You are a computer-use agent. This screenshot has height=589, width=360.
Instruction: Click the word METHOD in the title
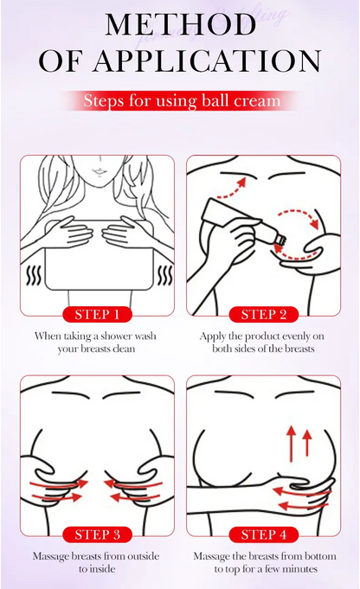pos(181,25)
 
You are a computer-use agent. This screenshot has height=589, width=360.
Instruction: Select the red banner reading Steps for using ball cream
pos(182,100)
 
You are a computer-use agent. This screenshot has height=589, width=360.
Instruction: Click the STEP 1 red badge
pos(97,315)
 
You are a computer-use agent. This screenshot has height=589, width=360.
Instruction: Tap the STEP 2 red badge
pos(264,315)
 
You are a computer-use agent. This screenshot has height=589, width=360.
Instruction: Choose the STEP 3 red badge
pos(97,535)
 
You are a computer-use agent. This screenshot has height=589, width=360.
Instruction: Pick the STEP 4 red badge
pos(264,535)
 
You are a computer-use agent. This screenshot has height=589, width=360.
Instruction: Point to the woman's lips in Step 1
pos(99,171)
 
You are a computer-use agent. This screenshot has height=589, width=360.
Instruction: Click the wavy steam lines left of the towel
pos(34,276)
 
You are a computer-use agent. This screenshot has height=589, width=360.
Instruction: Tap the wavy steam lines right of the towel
pos(164,276)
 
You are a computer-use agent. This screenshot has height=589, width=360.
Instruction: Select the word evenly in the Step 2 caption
pos(296,336)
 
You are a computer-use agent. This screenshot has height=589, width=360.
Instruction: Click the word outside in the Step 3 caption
pos(143,556)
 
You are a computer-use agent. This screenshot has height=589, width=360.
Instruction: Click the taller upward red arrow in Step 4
pos(292,443)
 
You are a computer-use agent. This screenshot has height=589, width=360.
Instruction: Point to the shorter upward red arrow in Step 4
pos(307,443)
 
